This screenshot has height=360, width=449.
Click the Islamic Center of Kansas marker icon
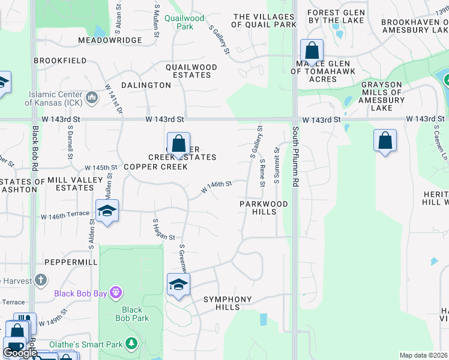point(92,97)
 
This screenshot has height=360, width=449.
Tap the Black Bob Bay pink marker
point(115,293)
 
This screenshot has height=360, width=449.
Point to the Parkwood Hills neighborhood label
point(264,208)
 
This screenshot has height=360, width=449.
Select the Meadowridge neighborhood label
point(110,40)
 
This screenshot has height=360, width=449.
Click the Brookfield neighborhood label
point(60,61)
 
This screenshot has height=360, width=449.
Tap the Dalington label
point(146,85)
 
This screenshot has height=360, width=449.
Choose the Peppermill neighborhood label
point(71,263)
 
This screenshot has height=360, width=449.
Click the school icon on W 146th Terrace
point(107,211)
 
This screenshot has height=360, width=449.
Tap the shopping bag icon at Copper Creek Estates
point(178,144)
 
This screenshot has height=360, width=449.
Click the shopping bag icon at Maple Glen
point(312,50)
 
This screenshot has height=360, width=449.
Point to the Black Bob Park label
point(132,314)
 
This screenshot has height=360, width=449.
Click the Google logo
point(20,353)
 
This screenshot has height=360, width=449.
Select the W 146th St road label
point(217,187)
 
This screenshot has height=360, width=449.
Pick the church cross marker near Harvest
point(40,280)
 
